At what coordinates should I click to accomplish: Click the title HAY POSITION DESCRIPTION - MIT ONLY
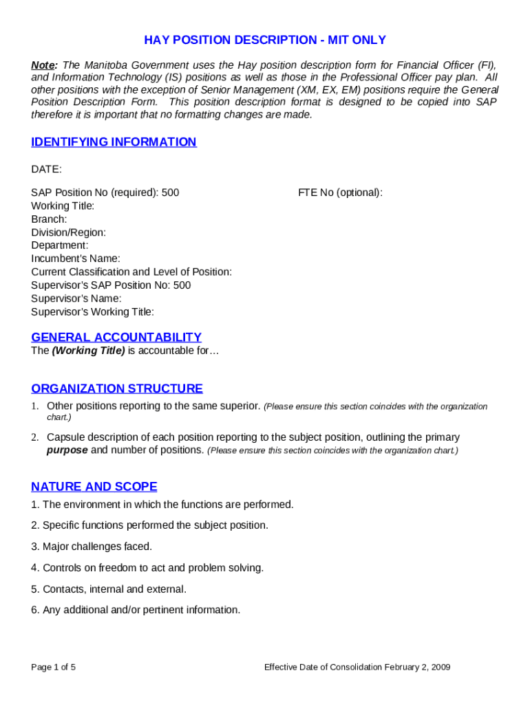coord(264,40)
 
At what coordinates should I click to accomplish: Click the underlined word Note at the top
coord(43,65)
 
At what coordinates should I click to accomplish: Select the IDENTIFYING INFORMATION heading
coord(114,142)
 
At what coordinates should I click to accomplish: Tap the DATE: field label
coord(47,169)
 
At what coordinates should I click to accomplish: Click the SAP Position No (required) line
coord(105,192)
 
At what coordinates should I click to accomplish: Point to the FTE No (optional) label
coord(340,192)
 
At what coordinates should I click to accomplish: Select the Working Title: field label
coord(63,206)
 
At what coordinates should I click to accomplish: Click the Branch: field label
coord(49,219)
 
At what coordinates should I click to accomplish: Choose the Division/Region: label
coord(68,232)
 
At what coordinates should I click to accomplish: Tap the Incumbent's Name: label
coord(76,258)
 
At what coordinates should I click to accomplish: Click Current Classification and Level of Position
coord(131,272)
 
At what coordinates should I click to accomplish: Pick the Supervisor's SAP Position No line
coord(111,285)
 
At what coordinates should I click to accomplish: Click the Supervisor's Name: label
coord(76,298)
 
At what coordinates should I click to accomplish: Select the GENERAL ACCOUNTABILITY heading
coord(116,338)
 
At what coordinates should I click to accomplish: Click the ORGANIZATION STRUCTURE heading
coord(117,389)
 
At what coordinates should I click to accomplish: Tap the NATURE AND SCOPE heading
coord(94,487)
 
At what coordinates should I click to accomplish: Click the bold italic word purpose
coord(67,450)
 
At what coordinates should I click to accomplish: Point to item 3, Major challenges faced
coord(92,547)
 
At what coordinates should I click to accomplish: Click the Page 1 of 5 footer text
coord(53,668)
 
